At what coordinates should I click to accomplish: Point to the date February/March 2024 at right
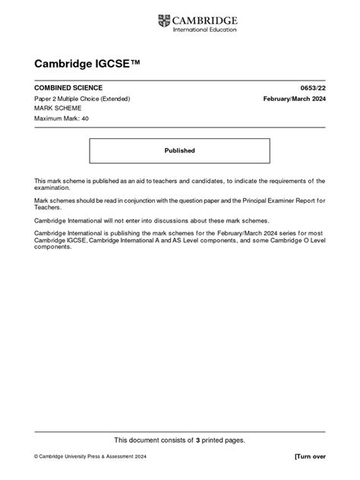(x=294, y=99)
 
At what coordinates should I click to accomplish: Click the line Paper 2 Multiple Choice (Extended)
(x=83, y=99)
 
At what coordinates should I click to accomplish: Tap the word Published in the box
(x=180, y=150)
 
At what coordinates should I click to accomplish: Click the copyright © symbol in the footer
(x=36, y=456)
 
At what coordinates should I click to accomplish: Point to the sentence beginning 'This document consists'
(x=179, y=440)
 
